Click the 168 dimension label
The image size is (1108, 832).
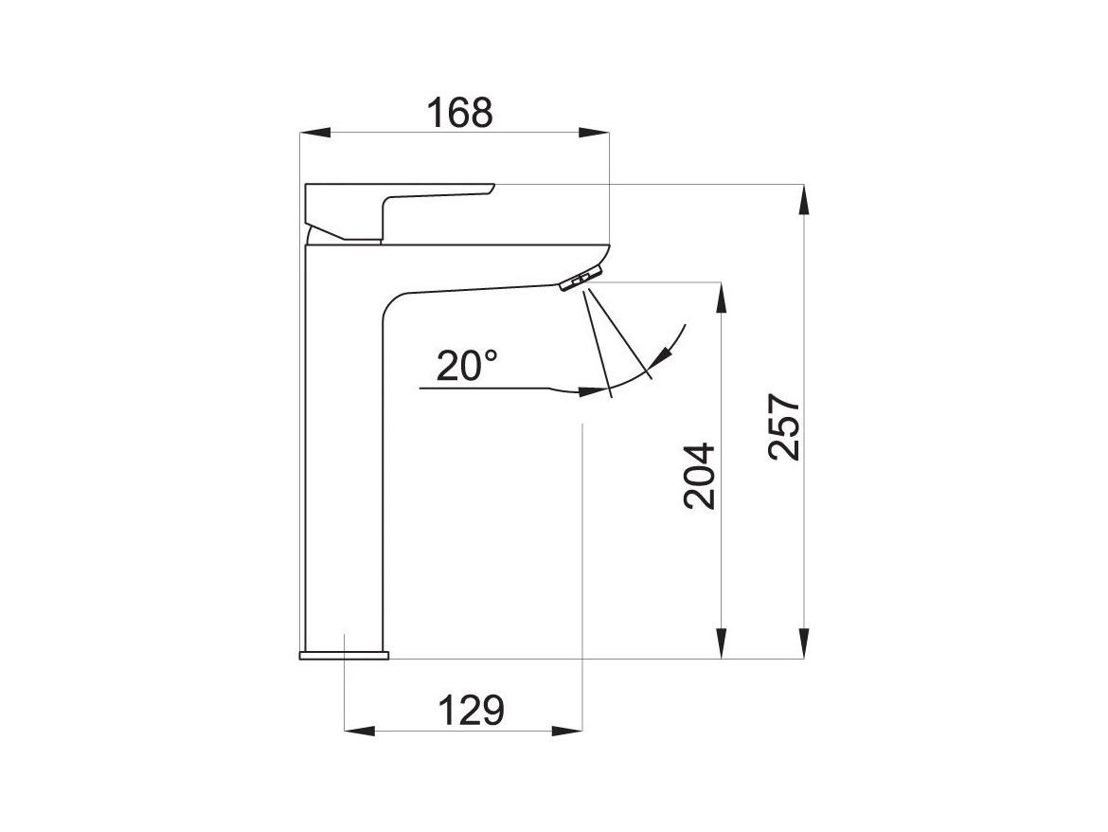point(460,113)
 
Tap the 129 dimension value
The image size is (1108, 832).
point(472,711)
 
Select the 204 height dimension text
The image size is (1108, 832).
point(700,477)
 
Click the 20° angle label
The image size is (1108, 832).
point(466,366)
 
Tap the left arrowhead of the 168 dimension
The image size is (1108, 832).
point(315,132)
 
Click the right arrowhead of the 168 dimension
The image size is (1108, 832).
point(594,132)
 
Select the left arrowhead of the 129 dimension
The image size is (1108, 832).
point(358,731)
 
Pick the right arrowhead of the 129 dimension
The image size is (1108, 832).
point(567,731)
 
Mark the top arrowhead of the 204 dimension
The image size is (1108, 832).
point(721,298)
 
